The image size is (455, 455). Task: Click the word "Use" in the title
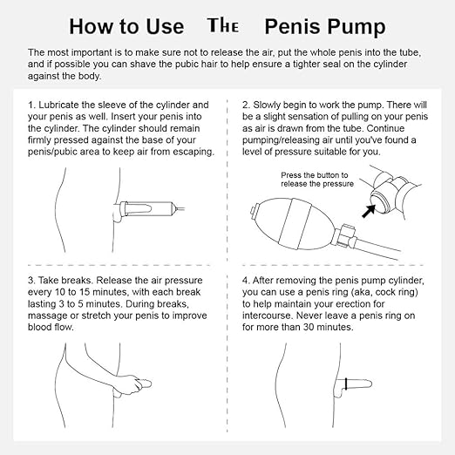tap(165, 26)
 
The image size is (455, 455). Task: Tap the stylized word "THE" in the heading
tap(223, 25)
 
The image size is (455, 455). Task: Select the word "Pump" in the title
tap(357, 28)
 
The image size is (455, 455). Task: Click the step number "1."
tap(31, 105)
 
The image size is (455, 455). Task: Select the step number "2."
tap(247, 105)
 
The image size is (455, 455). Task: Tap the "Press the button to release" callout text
tap(317, 180)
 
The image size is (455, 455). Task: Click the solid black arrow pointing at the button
tap(369, 211)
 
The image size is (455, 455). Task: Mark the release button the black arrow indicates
tap(377, 200)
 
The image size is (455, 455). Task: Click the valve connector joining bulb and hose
tap(345, 236)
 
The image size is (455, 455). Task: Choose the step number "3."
tap(31, 281)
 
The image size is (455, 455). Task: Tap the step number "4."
tap(246, 281)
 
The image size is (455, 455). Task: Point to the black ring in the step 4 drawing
tap(346, 384)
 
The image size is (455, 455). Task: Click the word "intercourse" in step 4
tap(267, 316)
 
